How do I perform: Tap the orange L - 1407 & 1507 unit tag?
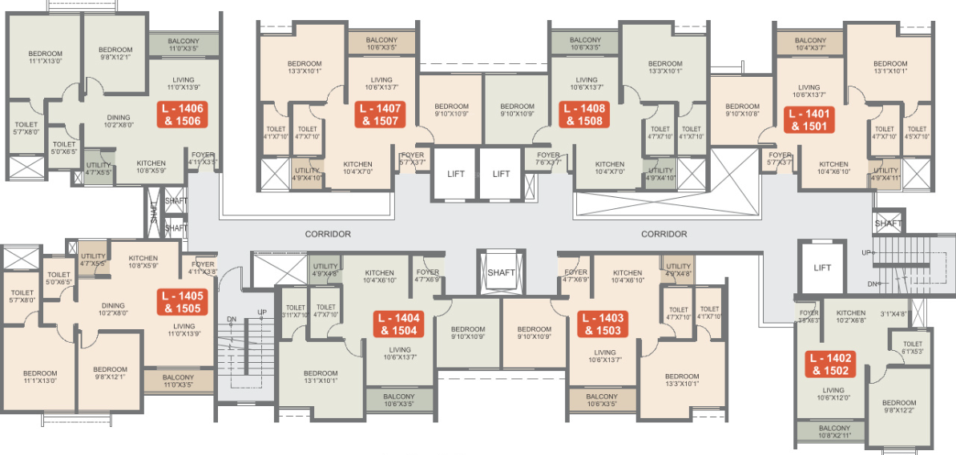[381, 115]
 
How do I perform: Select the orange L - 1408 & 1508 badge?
[584, 115]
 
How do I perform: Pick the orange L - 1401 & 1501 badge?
[809, 119]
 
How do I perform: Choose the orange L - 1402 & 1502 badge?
[831, 364]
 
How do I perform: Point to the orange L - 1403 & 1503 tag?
[599, 324]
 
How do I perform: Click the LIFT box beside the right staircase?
[822, 268]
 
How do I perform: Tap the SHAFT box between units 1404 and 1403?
[501, 272]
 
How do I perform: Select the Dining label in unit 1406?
[118, 122]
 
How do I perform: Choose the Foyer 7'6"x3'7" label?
[548, 159]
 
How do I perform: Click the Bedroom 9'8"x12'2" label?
[898, 407]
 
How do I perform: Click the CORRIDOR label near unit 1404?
[328, 234]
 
